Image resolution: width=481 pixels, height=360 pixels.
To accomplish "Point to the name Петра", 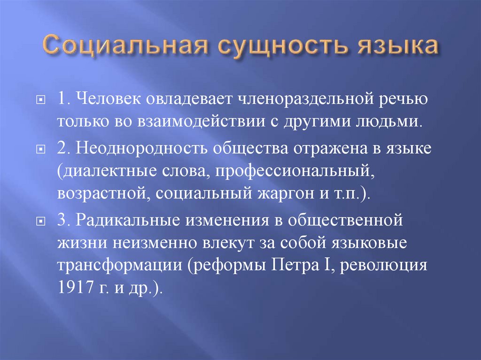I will [x=294, y=265].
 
